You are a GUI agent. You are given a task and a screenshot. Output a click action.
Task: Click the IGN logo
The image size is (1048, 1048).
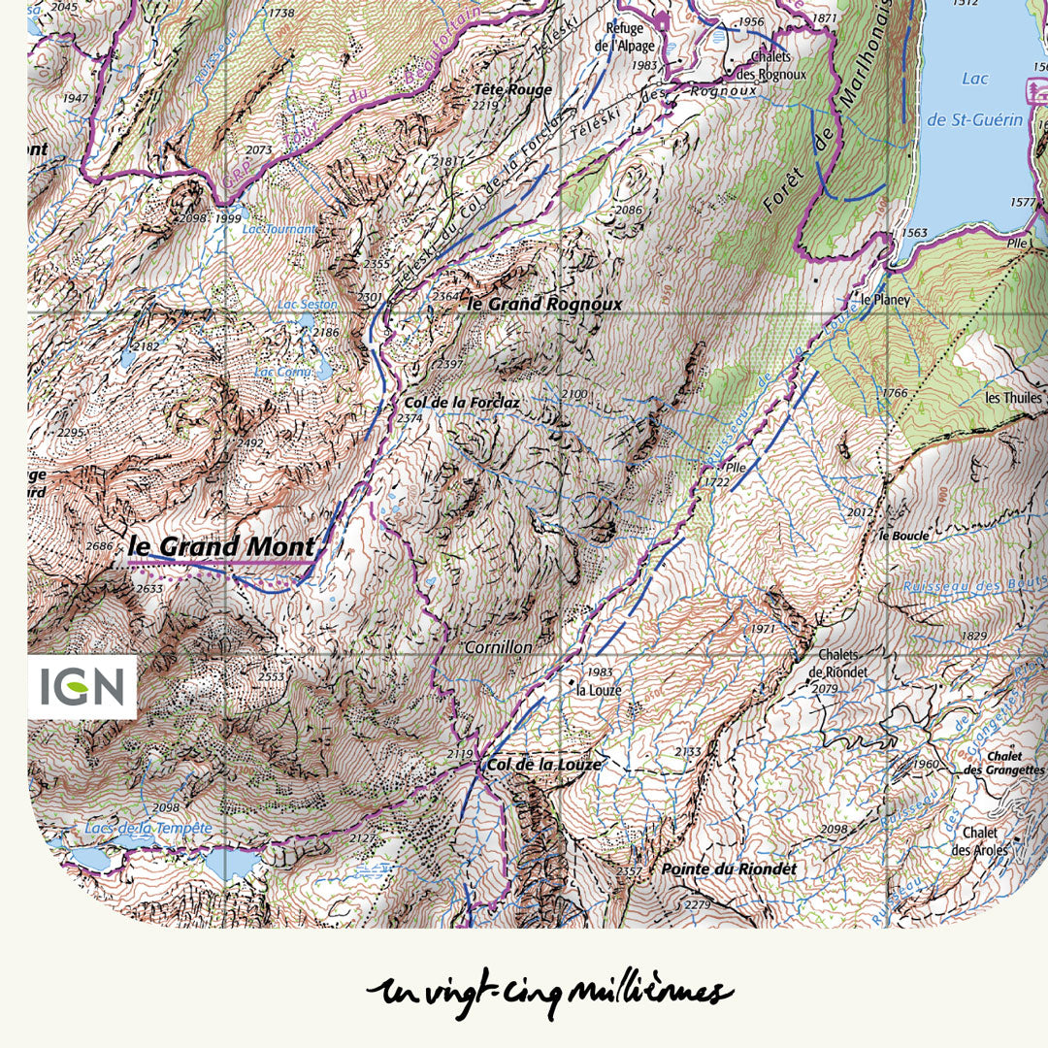coord(82,687)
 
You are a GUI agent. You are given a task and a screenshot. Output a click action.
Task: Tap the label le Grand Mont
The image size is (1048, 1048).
coord(221,546)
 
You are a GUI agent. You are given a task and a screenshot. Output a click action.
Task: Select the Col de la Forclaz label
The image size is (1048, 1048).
coord(442,401)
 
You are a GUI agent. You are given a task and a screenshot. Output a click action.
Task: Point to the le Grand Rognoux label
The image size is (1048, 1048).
coord(544,304)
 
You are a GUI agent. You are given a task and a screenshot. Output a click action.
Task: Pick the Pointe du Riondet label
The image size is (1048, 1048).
coord(728,869)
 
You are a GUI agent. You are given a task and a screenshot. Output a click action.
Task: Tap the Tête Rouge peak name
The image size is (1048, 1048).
coord(512,89)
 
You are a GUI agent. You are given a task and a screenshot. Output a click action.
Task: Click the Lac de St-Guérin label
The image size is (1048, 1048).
coord(989,99)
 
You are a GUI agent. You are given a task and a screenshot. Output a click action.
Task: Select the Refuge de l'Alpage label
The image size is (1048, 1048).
coord(625,37)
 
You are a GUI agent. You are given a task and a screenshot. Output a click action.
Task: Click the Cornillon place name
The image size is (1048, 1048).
coord(499,646)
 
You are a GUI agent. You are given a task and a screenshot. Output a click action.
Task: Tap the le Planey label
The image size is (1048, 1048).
coord(886,300)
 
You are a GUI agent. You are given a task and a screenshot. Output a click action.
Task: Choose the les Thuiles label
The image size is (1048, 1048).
coord(1013,398)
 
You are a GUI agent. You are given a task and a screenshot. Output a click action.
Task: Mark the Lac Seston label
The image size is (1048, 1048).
coord(307,305)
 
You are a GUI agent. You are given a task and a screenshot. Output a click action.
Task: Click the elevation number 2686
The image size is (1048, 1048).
coord(100,546)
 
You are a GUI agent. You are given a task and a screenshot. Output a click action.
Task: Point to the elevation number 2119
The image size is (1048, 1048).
coord(460,754)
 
